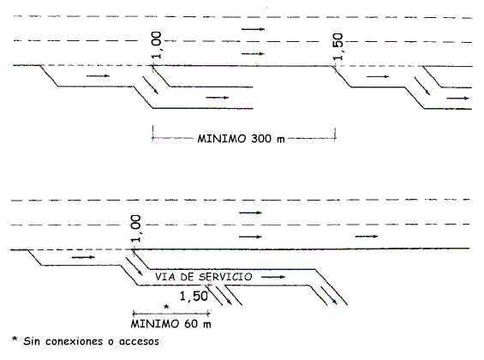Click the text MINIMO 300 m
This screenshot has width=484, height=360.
241,139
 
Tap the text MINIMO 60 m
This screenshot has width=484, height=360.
171,324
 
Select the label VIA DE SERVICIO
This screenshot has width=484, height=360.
203,277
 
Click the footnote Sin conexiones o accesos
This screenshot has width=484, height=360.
92,341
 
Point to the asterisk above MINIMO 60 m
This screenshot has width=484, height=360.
166,307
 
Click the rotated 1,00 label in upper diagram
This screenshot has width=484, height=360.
157,45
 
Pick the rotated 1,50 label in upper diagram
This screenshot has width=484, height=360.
338,46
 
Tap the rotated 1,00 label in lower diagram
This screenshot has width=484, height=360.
135,229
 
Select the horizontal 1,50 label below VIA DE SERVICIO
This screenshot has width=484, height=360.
194,297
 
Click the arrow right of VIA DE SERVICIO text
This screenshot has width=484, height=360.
273,277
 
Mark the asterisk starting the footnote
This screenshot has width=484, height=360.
15,339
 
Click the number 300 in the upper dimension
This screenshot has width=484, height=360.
261,139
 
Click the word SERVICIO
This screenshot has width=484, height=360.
225,277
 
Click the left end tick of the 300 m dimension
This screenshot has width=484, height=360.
152,134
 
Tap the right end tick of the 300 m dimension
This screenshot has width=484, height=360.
335,135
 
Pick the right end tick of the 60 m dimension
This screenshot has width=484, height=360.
209,314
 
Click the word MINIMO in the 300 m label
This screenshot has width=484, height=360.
222,139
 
